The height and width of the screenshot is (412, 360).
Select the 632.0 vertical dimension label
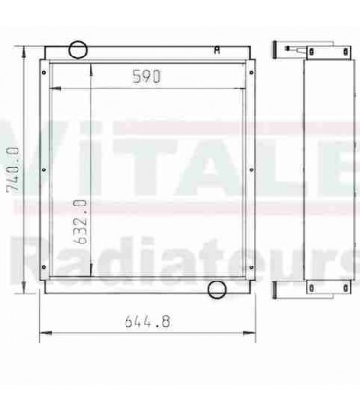point(82,220)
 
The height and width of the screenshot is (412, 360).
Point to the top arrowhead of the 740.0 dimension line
point(23,44)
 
